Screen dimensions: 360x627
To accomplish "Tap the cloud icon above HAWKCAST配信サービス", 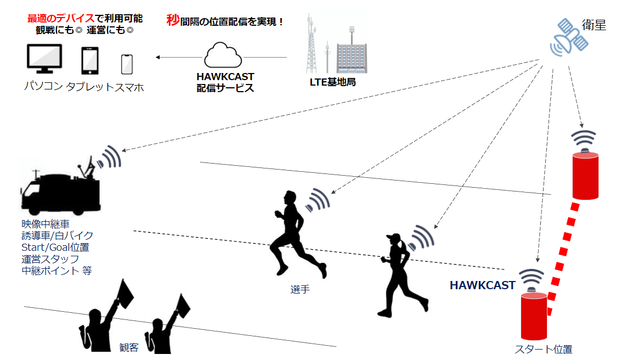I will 223,55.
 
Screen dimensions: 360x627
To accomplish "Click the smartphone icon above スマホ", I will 127,64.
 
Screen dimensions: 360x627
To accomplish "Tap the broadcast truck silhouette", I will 60,189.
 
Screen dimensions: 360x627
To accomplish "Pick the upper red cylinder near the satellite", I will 585,176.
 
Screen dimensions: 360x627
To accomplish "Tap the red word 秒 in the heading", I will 173,21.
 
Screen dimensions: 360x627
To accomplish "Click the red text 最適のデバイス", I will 61,18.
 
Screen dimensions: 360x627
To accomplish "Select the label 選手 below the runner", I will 300,289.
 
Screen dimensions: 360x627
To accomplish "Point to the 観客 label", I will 129,347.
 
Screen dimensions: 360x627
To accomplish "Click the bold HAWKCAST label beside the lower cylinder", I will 482,285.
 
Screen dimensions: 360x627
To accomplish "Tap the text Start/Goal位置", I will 55,248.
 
